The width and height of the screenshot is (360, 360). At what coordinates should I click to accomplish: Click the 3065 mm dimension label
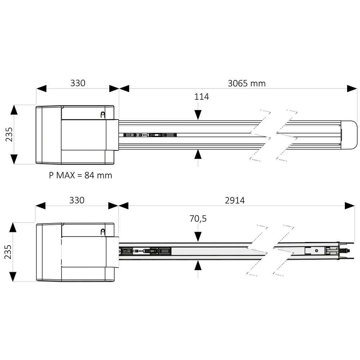247,84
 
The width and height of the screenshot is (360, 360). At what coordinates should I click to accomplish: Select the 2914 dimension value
235,201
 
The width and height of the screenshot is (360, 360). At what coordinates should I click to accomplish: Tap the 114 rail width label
202,96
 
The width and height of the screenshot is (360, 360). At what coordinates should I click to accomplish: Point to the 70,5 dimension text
198,219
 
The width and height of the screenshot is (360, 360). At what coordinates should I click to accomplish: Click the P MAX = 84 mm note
80,175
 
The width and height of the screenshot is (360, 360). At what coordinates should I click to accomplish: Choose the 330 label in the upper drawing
78,83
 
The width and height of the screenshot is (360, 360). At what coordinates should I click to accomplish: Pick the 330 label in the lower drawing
77,200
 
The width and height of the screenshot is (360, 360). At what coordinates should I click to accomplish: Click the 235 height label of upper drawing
9,135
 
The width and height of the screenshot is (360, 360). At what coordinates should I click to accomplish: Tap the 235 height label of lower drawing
8,252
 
